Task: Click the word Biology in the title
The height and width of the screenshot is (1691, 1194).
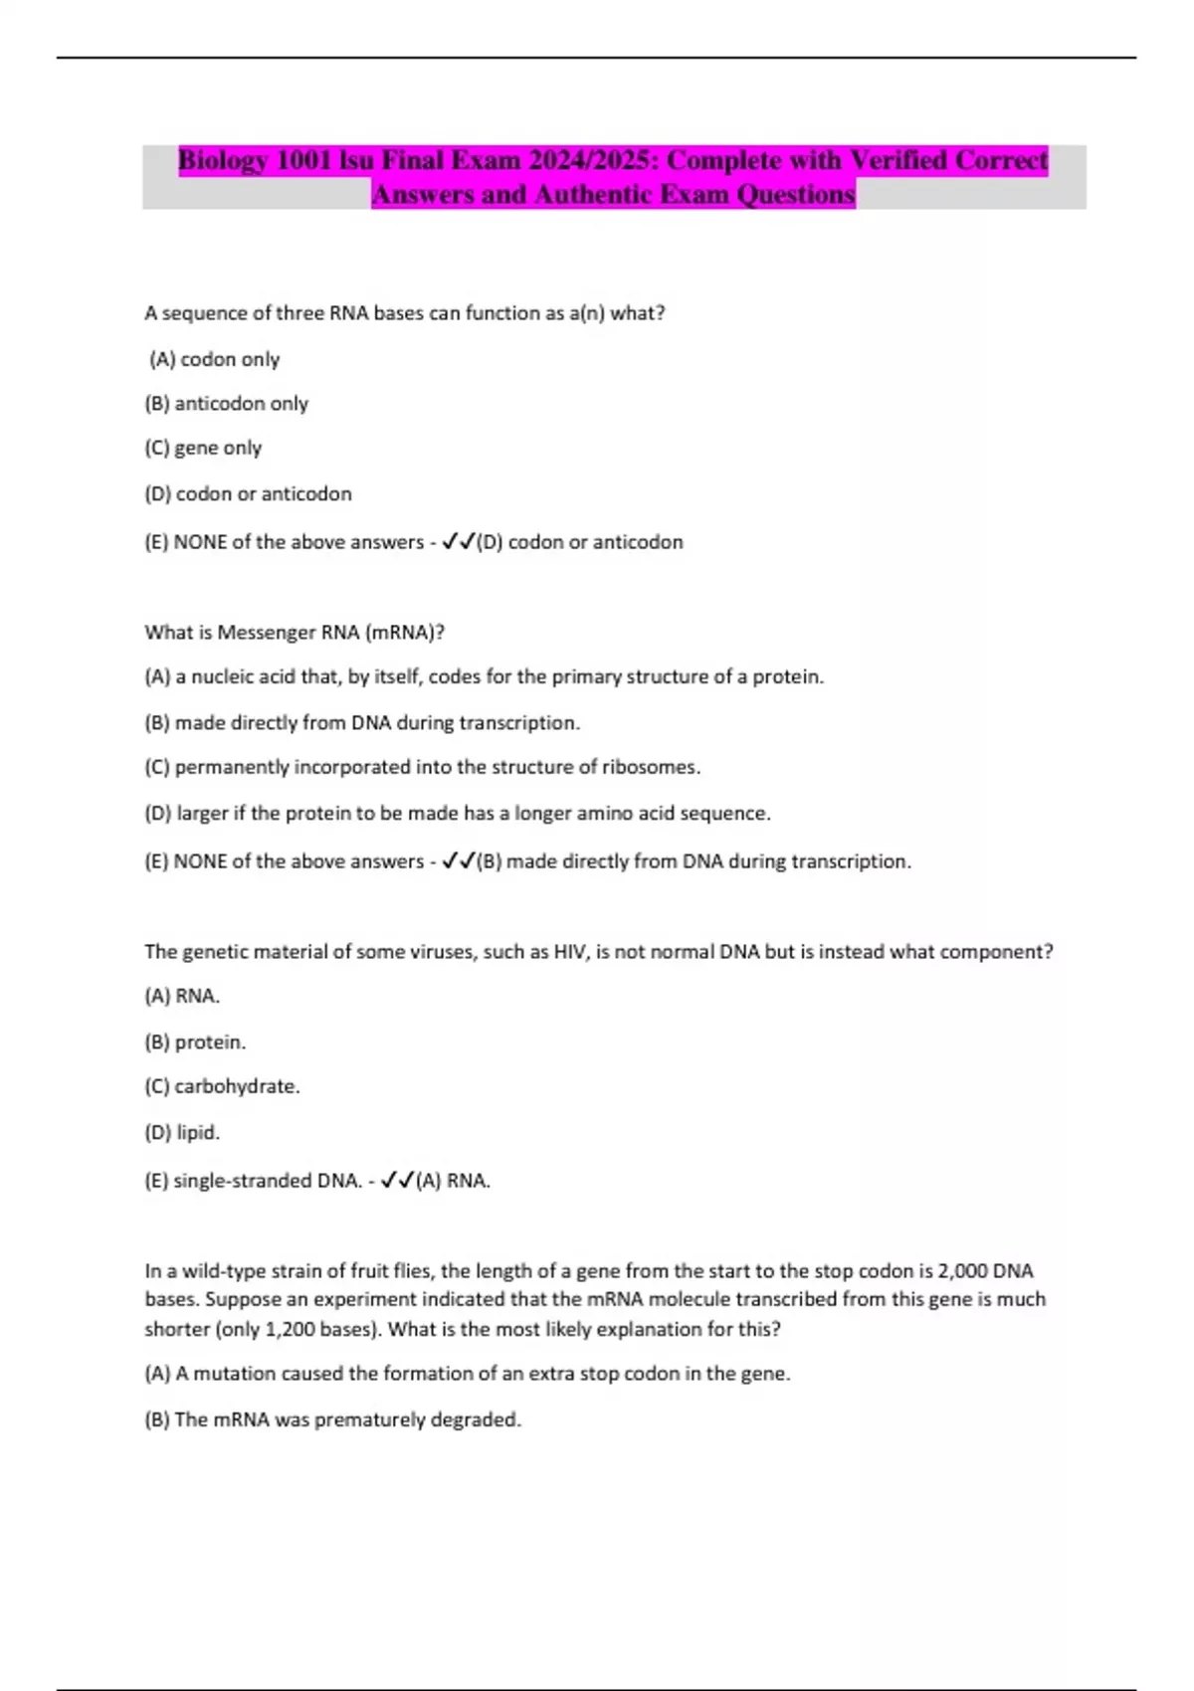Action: (223, 161)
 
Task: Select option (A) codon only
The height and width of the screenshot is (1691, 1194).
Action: (215, 359)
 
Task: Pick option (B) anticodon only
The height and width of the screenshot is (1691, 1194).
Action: (227, 404)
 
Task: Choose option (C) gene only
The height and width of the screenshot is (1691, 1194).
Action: (203, 449)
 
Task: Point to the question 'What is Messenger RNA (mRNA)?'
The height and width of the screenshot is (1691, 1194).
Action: (295, 633)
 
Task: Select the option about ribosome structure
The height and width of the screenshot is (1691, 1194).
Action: (423, 768)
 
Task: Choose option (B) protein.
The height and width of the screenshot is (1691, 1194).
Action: (195, 1042)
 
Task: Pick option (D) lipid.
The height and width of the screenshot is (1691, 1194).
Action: (182, 1133)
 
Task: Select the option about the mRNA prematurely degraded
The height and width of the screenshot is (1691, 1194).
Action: (333, 1420)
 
